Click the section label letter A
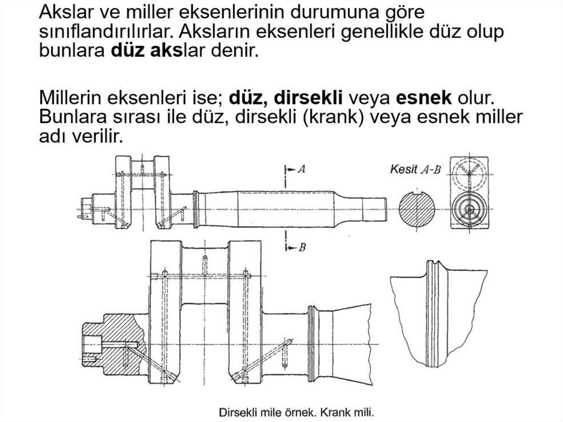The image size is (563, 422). coord(302,168)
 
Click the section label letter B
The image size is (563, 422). coord(302,247)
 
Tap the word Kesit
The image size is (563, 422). coord(404,169)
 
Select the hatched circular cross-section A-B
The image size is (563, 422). coord(417,210)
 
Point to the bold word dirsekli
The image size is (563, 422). coord(308,98)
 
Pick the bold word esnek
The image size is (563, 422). coord(424,98)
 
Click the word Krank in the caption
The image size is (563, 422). coord(334,412)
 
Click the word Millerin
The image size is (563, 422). coord(72,98)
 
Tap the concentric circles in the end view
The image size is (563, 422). coord(470,209)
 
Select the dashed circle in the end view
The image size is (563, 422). coord(470,173)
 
